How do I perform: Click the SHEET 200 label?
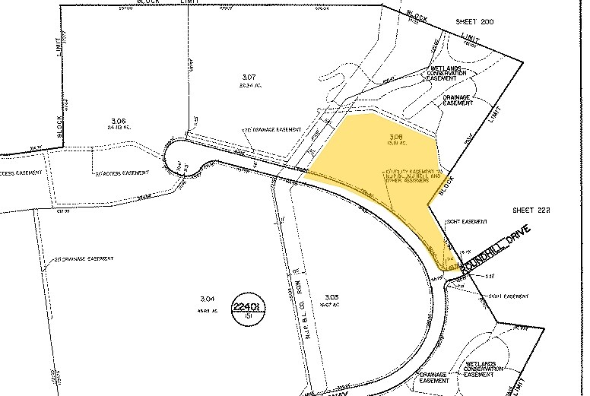point(475,22)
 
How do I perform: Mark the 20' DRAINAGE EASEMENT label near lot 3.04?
point(84,259)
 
